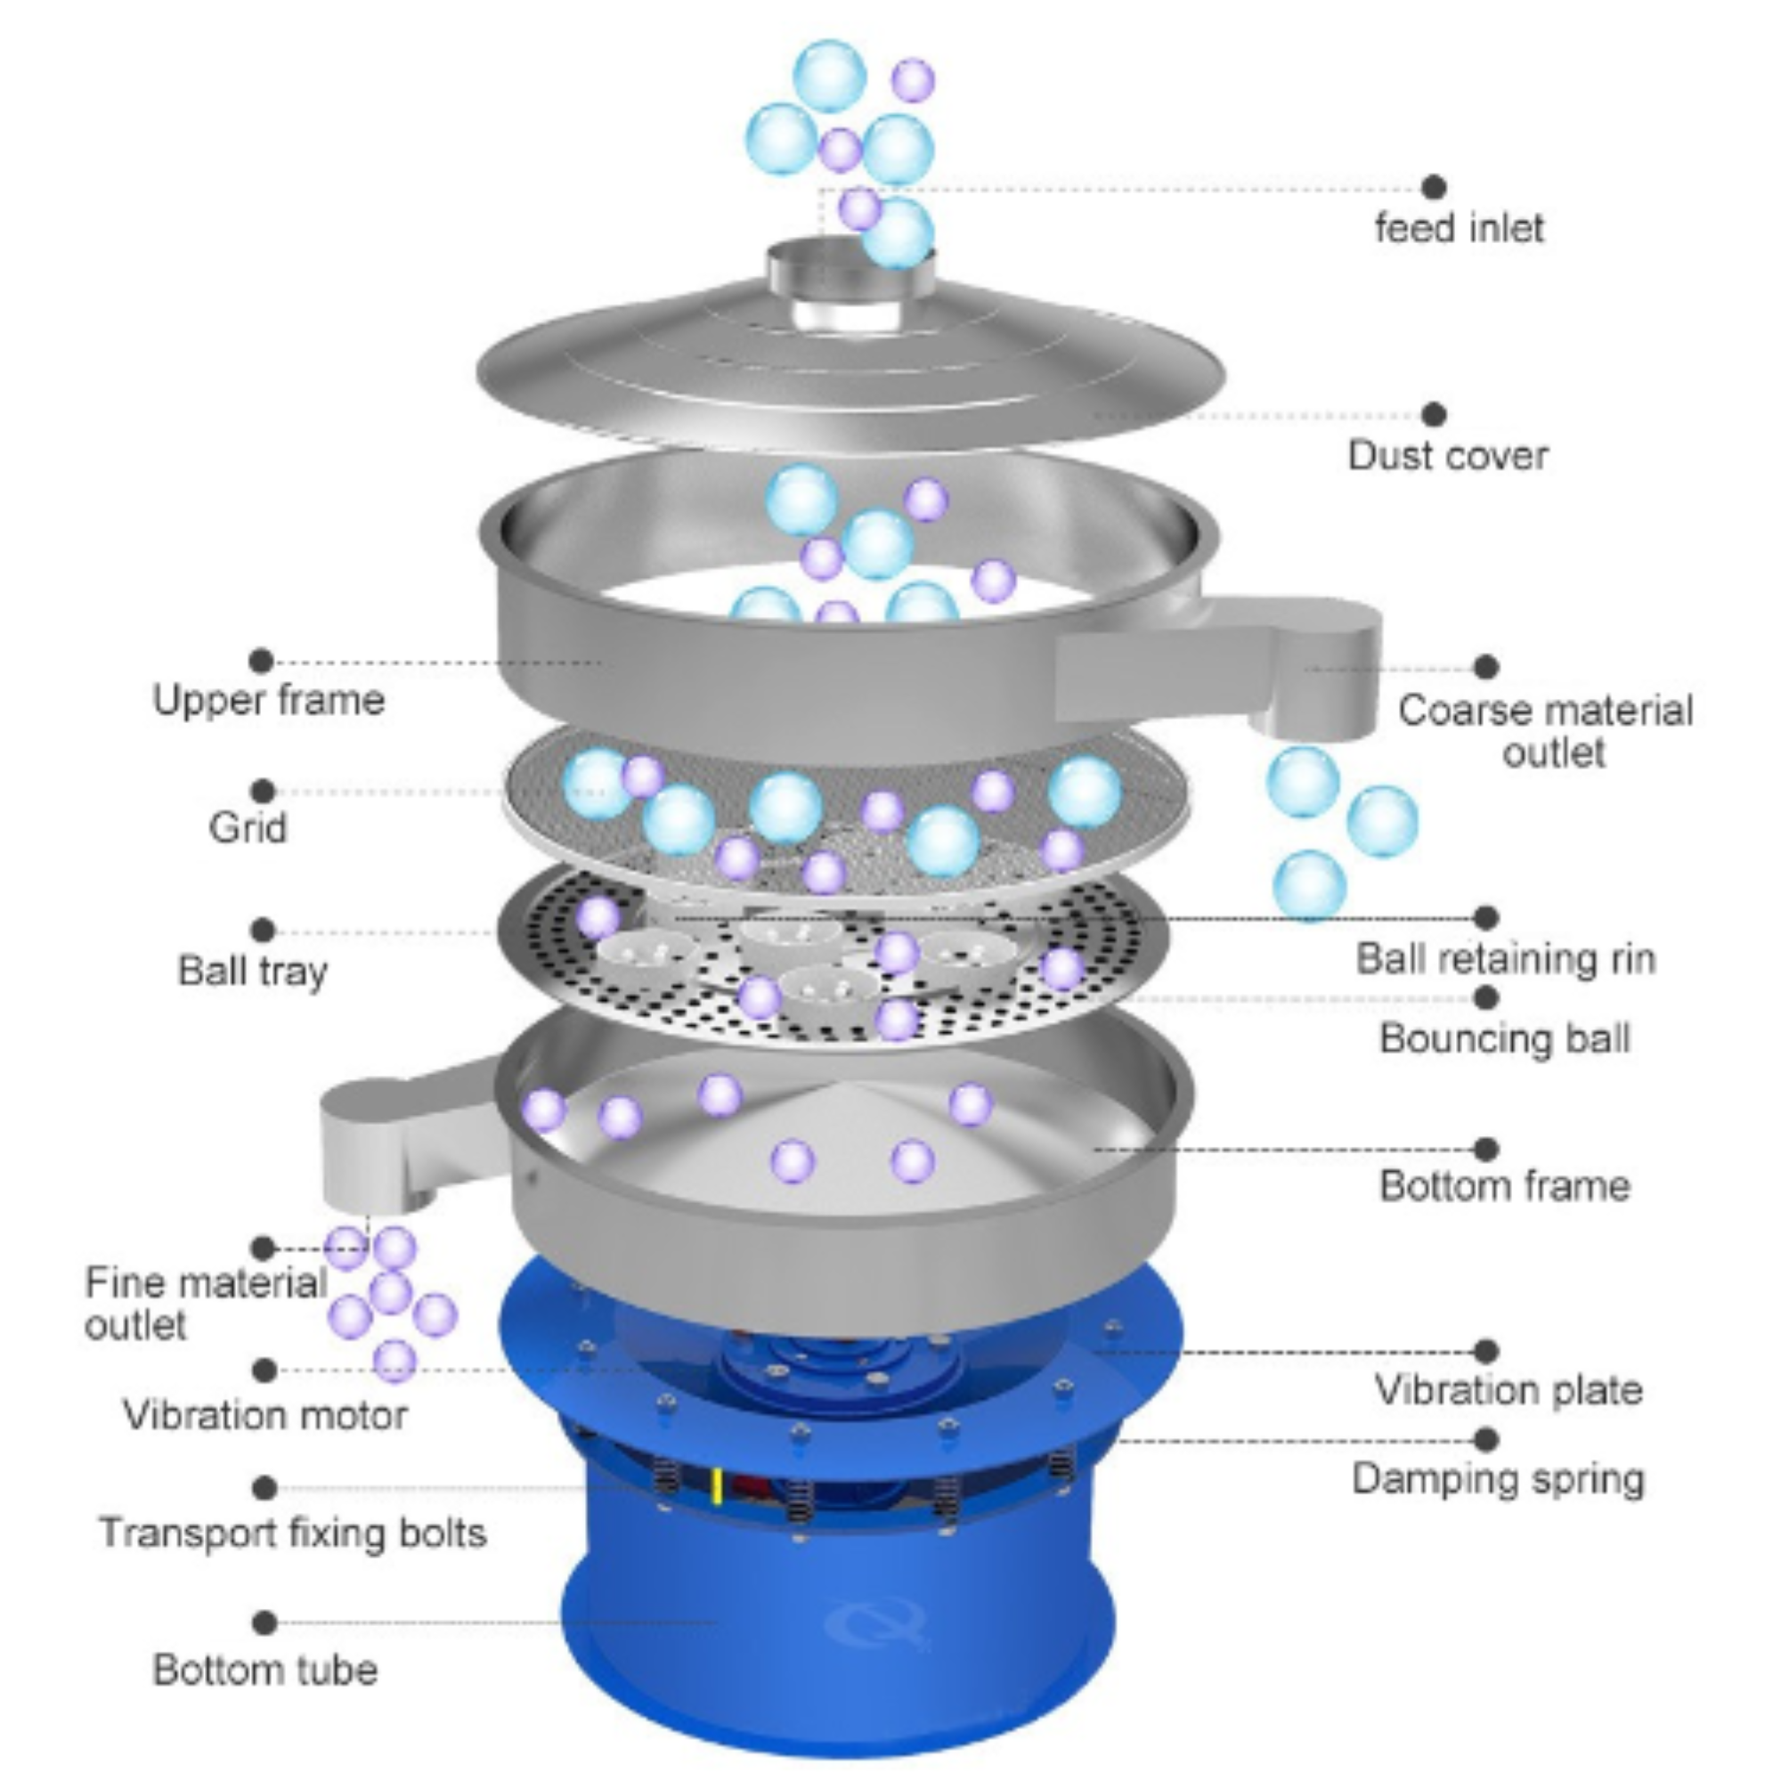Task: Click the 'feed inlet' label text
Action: tap(1459, 228)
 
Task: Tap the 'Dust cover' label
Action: tap(1447, 455)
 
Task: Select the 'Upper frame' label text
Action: tap(268, 700)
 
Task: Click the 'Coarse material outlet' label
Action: tap(1545, 731)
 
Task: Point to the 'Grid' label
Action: tap(248, 827)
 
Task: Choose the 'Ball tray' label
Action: tap(253, 971)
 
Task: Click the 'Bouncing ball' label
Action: tap(1504, 1038)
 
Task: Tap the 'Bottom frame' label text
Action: tap(1504, 1185)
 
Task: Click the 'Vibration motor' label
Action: tap(265, 1415)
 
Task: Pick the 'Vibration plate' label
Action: tap(1509, 1389)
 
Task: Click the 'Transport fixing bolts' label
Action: tap(293, 1533)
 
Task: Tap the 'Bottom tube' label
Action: tap(265, 1671)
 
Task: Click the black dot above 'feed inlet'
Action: tap(1433, 187)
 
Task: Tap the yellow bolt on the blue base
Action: tap(716, 1486)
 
